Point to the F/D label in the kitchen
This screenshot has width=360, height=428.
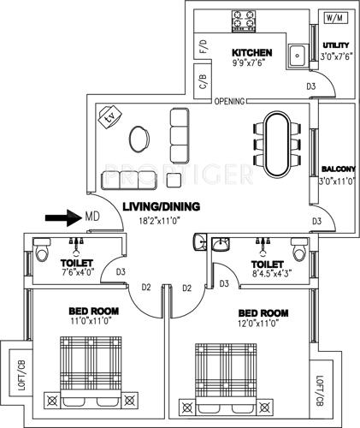pos(204,47)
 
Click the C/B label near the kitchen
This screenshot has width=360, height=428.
pos(204,82)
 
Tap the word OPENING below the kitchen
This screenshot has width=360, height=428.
pos(229,100)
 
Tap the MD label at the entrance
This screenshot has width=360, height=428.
pos(90,217)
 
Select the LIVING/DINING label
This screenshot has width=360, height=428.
pos(161,206)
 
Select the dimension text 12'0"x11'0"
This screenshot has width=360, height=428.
pos(262,324)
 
